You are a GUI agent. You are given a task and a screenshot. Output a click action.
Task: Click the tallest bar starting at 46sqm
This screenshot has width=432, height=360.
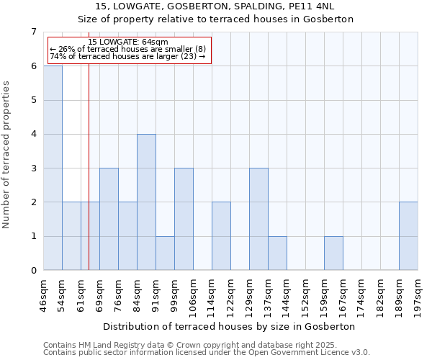pyautogui.click(x=53, y=168)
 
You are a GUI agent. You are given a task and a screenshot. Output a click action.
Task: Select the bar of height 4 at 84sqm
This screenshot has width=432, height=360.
pyautogui.click(x=146, y=202)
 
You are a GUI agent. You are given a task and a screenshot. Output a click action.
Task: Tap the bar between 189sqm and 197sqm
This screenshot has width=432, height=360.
pyautogui.click(x=408, y=236)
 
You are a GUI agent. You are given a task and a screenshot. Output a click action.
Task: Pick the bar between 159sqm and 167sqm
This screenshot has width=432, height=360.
pyautogui.click(x=333, y=253)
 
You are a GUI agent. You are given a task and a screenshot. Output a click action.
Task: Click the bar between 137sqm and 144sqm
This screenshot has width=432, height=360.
pyautogui.click(x=277, y=253)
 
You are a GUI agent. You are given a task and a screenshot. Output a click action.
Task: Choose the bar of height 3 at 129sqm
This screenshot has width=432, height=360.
pyautogui.click(x=258, y=219)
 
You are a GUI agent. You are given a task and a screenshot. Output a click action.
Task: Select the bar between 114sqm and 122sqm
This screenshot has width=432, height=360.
pyautogui.click(x=221, y=236)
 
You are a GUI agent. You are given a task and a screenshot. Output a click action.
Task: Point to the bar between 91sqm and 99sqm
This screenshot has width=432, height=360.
pyautogui.click(x=165, y=253)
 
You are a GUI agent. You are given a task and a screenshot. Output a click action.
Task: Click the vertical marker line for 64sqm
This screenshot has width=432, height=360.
pyautogui.click(x=89, y=158)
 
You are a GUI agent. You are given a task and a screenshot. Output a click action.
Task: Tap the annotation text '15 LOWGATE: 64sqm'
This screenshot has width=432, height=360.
pyautogui.click(x=128, y=42)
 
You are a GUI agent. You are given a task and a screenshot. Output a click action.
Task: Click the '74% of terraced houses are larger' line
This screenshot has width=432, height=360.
pyautogui.click(x=127, y=56)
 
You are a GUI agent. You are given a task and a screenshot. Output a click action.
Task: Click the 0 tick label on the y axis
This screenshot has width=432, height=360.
pyautogui.click(x=33, y=271)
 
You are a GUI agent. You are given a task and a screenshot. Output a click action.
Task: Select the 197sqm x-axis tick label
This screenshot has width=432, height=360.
pyautogui.click(x=418, y=293)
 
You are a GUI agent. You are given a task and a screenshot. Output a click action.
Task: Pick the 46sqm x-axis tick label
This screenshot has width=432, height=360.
pyautogui.click(x=44, y=293)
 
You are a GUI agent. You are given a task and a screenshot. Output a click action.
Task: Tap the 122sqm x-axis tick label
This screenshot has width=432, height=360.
pyautogui.click(x=231, y=293)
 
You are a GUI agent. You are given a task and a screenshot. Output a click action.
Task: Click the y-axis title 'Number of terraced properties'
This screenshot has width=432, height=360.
pyautogui.click(x=7, y=154)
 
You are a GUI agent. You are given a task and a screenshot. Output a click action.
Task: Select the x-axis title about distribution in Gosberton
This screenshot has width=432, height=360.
pyautogui.click(x=230, y=326)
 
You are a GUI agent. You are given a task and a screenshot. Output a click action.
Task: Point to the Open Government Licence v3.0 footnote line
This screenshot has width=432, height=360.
pyautogui.click(x=207, y=353)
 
